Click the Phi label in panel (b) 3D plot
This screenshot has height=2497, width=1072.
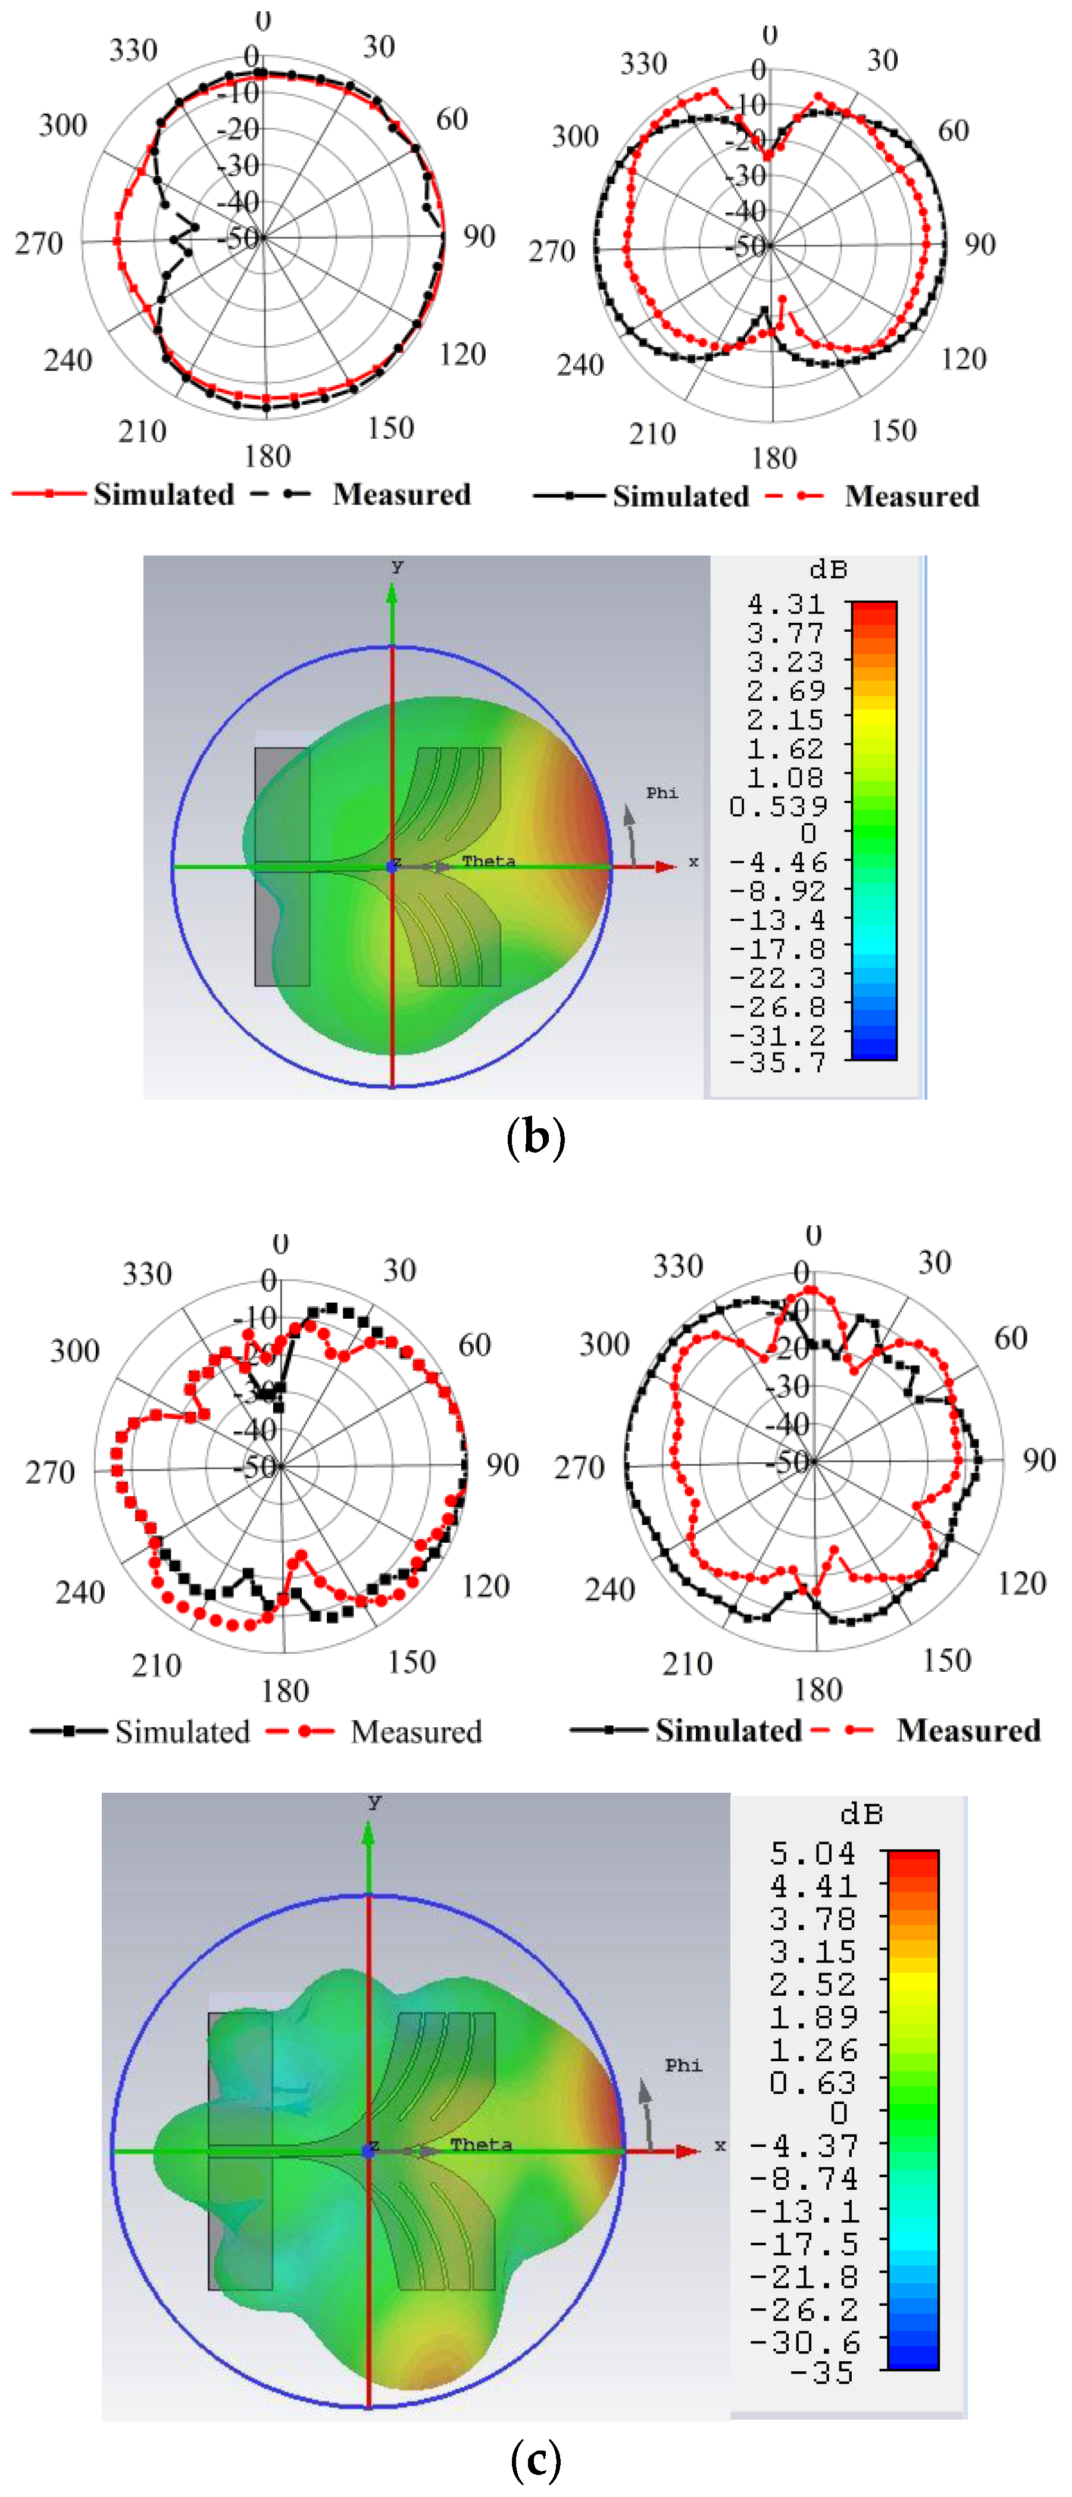tap(662, 793)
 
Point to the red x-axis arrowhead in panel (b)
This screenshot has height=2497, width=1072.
tap(666, 866)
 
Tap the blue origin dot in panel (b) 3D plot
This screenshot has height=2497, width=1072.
tap(392, 866)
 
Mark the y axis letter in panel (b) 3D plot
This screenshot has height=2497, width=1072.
tap(396, 566)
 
